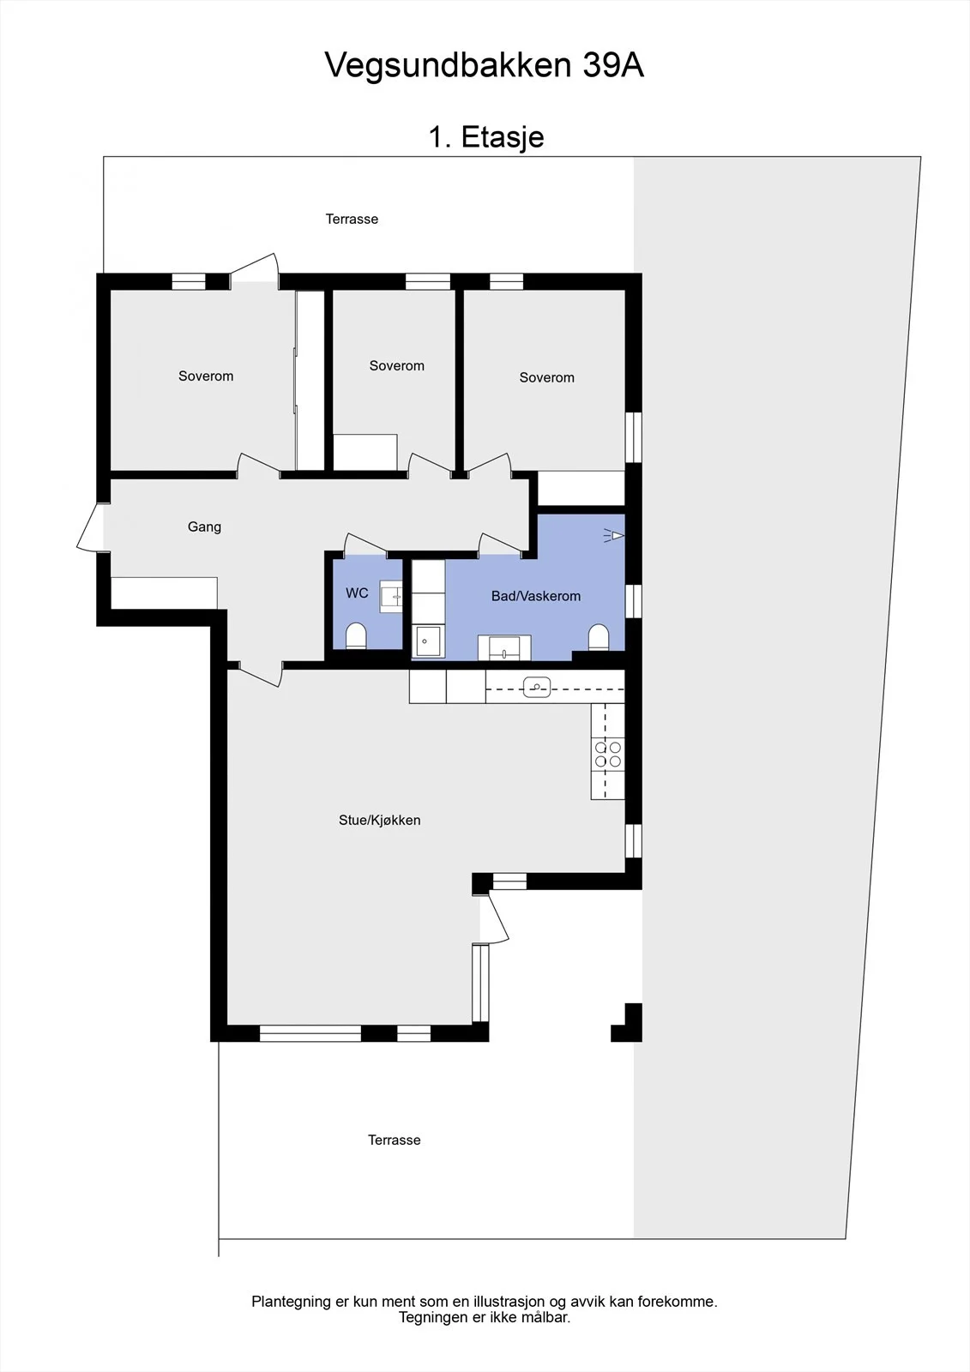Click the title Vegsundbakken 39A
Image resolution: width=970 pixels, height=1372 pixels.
click(484, 65)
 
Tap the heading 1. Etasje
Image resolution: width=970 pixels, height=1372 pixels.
click(486, 136)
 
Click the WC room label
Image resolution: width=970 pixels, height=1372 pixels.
click(358, 593)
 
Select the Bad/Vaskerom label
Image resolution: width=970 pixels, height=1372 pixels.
click(535, 596)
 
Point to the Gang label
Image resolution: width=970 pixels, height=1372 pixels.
click(204, 527)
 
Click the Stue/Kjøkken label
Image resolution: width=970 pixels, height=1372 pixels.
click(379, 820)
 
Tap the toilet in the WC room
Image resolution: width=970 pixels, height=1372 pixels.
click(356, 635)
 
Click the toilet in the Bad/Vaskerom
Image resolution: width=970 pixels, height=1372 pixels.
click(599, 637)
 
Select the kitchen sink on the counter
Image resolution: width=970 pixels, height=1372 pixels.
click(537, 687)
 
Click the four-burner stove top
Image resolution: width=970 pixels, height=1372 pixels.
click(608, 754)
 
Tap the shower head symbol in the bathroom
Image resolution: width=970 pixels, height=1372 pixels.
click(614, 537)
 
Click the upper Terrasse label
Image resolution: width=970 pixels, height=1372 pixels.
click(352, 220)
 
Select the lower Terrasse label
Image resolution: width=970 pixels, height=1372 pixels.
click(394, 1140)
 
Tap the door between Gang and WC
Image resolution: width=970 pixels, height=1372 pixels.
click(365, 544)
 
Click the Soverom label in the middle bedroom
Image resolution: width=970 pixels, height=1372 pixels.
click(396, 365)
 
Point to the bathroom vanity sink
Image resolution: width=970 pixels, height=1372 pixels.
click(504, 647)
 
